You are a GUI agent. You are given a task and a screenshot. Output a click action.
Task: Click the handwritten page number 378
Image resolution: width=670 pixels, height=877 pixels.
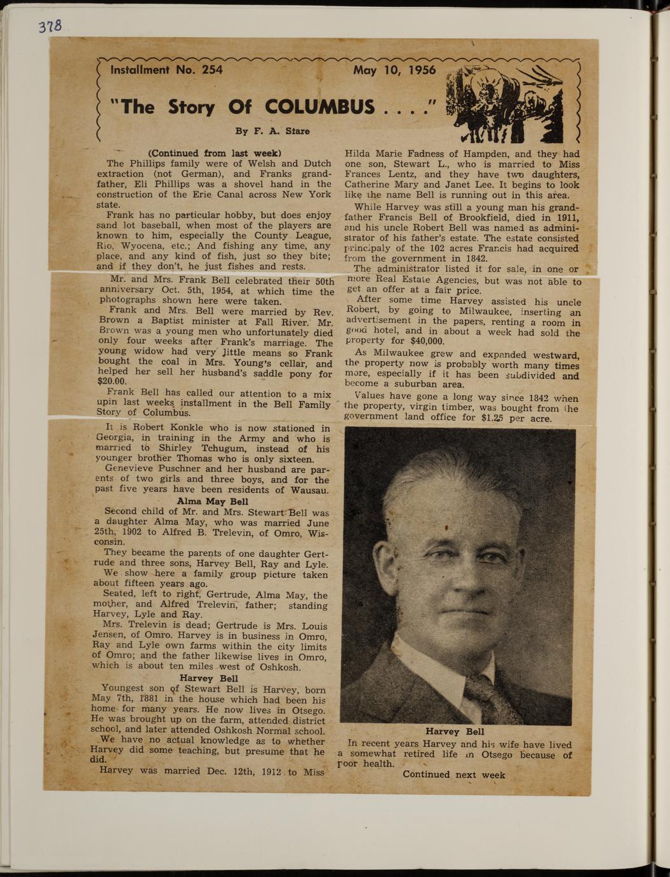click(x=50, y=26)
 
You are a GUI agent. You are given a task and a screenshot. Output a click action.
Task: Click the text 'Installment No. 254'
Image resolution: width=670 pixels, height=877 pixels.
click(x=166, y=70)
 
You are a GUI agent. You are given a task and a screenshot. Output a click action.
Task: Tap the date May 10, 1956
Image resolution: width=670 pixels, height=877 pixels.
click(x=394, y=70)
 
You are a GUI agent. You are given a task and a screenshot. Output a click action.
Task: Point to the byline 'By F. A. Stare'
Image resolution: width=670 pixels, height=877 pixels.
click(x=272, y=132)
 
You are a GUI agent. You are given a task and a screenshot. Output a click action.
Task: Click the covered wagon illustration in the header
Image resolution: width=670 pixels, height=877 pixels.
click(x=504, y=104)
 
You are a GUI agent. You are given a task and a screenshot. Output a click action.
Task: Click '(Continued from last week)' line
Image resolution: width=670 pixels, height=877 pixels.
click(x=214, y=153)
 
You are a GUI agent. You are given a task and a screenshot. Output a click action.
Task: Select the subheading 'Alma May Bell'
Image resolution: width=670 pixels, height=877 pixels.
click(x=212, y=501)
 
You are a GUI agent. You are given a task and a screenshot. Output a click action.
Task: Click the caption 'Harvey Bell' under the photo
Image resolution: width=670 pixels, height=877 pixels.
click(x=455, y=731)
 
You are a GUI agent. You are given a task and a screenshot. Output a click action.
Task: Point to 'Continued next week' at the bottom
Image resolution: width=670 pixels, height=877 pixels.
click(x=453, y=774)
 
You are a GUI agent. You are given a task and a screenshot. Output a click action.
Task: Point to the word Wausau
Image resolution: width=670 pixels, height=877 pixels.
click(x=309, y=490)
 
